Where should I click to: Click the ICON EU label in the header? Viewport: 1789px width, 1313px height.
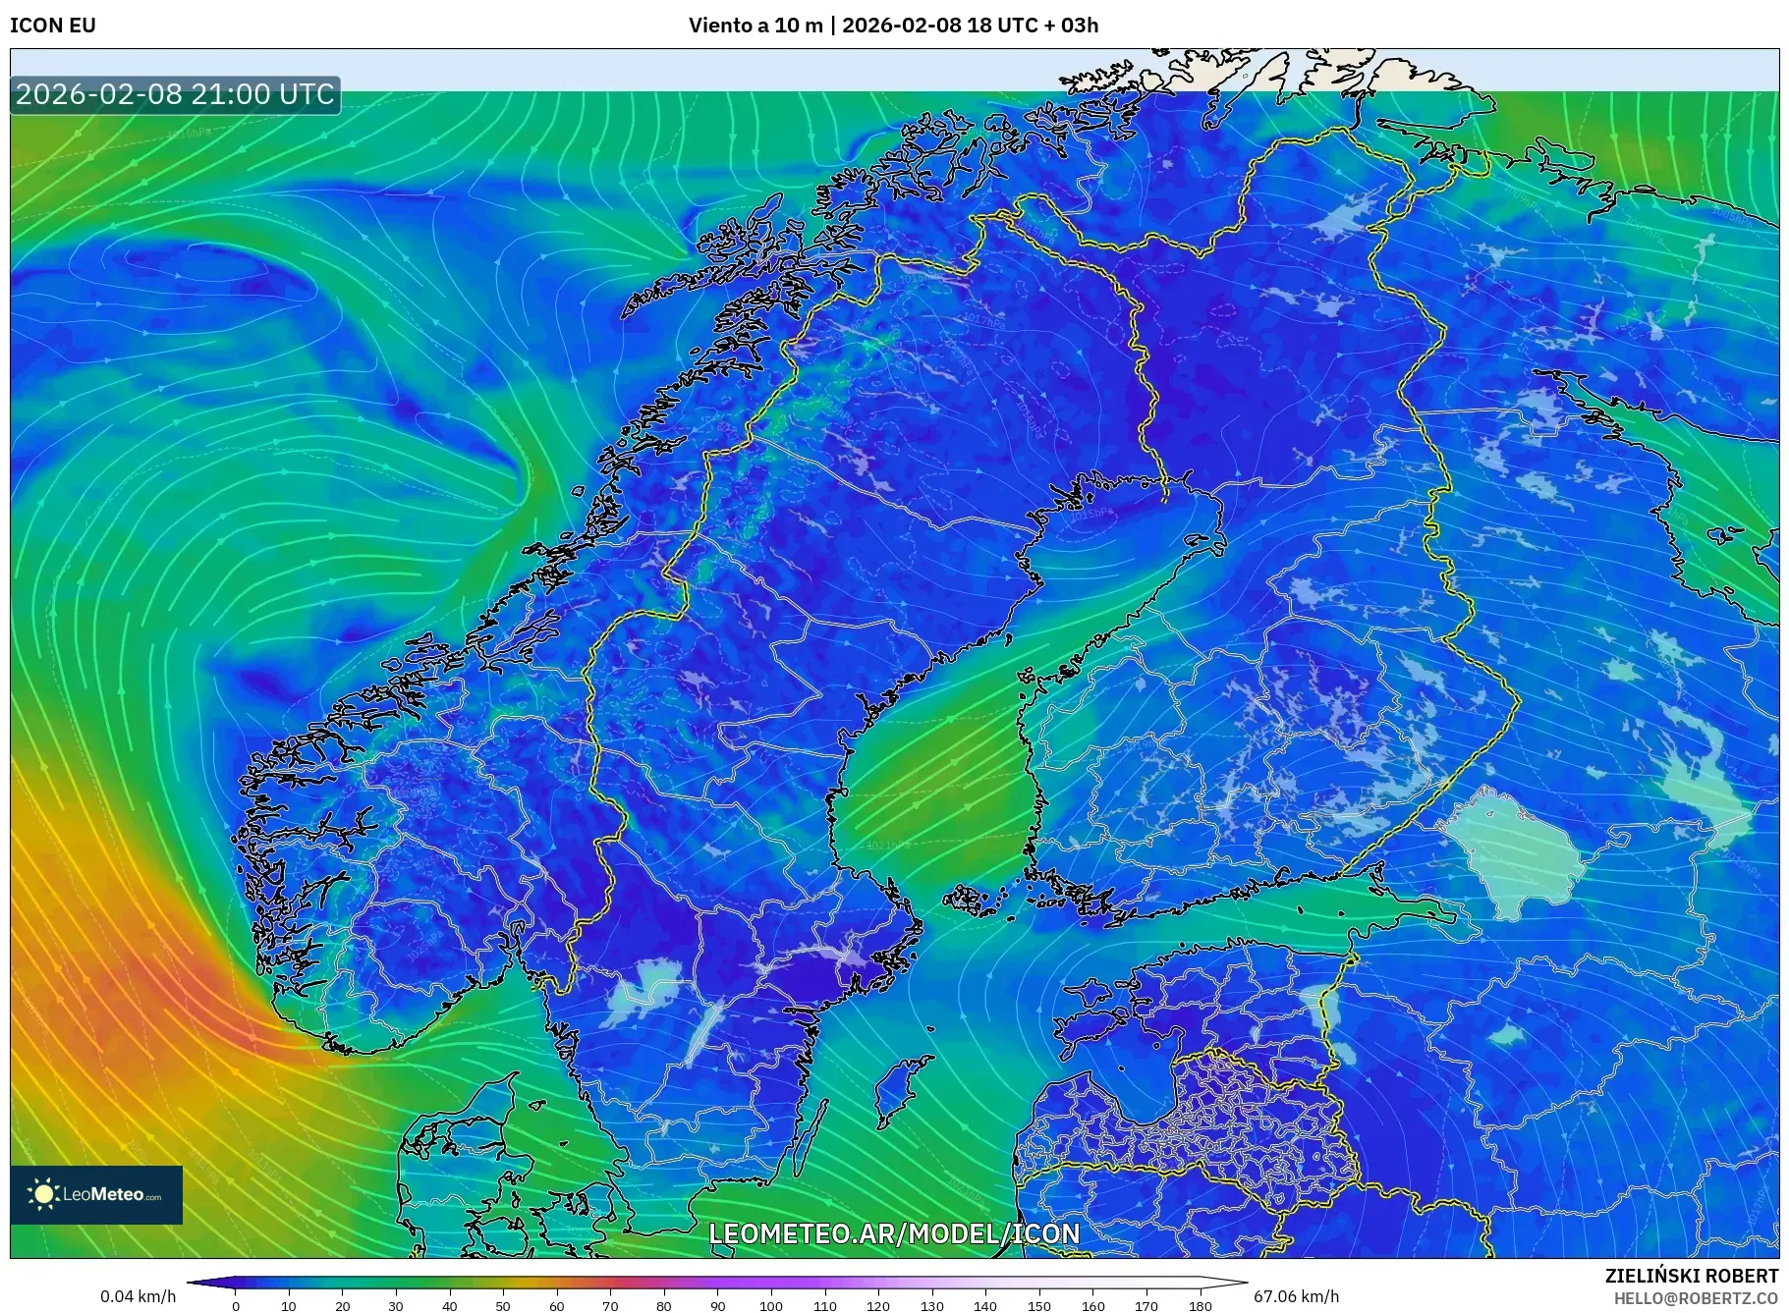[53, 26]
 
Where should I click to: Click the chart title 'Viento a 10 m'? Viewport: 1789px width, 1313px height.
[755, 26]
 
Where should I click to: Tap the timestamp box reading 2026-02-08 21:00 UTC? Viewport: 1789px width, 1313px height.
[175, 94]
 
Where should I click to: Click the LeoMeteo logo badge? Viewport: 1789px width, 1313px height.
[96, 1194]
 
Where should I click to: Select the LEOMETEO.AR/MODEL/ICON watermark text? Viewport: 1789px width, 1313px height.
[894, 1233]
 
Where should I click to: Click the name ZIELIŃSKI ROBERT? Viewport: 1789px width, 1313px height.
[1691, 1276]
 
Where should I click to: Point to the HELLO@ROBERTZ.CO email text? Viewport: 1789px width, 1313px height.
[1696, 1298]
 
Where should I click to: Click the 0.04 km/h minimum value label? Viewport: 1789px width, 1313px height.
[139, 1296]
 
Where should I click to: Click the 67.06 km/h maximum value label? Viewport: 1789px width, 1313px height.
[1296, 1296]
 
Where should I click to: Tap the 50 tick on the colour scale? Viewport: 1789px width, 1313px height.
[503, 1306]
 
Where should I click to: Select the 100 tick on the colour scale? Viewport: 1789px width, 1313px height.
[771, 1306]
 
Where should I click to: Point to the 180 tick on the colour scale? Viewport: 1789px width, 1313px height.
[1200, 1306]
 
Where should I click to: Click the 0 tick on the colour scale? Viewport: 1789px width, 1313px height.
[236, 1306]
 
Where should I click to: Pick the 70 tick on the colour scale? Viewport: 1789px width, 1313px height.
[610, 1306]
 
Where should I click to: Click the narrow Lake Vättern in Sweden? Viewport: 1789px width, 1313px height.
[703, 1031]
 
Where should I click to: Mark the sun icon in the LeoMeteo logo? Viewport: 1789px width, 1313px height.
[43, 1194]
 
